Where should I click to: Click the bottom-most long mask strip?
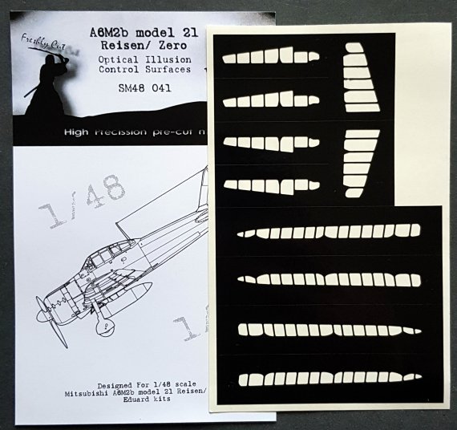[329, 375]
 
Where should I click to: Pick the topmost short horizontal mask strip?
[269, 57]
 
